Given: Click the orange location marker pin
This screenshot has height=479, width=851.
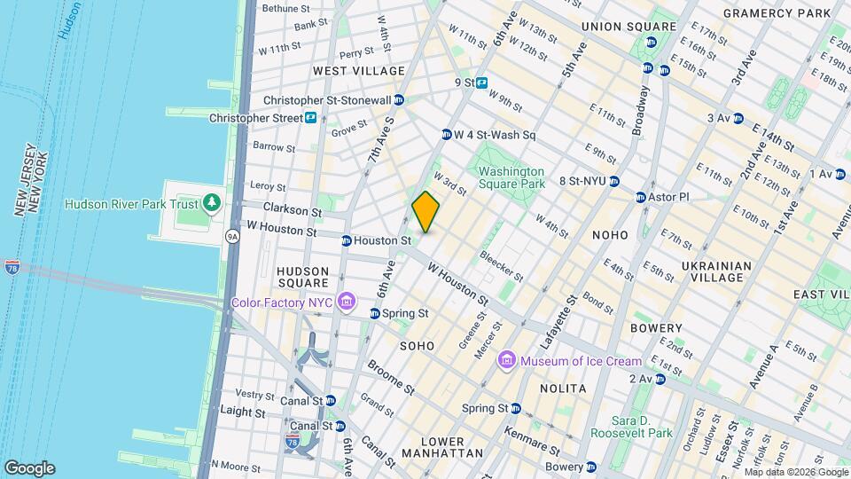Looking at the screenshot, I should (425, 212).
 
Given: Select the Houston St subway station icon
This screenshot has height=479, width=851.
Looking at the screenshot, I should (347, 240).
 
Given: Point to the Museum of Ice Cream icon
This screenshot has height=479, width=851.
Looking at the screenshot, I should (507, 360).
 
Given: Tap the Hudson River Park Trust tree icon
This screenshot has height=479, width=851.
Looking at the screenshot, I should (211, 204).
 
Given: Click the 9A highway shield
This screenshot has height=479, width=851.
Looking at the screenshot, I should (232, 236).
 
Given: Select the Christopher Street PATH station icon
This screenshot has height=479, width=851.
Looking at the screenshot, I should (311, 118).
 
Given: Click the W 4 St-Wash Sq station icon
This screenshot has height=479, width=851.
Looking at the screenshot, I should (446, 135).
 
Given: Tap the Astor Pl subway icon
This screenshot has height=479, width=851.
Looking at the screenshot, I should (640, 197).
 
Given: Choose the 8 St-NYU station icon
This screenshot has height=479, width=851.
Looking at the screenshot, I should (639, 181).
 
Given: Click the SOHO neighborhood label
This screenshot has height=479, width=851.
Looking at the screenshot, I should (417, 345).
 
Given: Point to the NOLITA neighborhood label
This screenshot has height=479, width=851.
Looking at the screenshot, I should (563, 389).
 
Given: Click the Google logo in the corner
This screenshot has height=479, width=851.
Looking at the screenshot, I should (29, 468).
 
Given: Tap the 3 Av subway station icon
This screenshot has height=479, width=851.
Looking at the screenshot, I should (738, 118).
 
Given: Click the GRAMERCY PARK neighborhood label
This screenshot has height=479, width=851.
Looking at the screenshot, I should (777, 13).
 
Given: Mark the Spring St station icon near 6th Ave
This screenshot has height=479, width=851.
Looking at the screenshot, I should (375, 313).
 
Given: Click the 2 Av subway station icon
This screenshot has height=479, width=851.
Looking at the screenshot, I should (659, 379).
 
